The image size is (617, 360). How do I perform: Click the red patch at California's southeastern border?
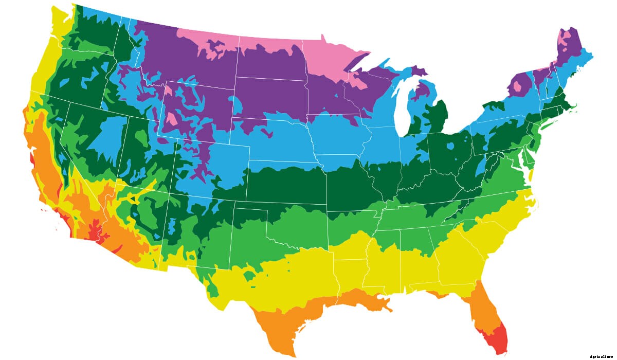point(97,231)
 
